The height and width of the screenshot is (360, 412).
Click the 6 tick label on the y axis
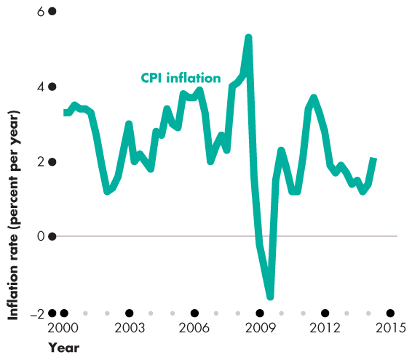coord(41,12)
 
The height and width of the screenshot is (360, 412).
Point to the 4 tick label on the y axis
coord(41,87)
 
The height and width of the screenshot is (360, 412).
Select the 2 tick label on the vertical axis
coord(41,161)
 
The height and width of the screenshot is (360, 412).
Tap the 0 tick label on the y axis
coord(41,236)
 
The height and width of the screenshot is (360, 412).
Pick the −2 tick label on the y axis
coord(37,313)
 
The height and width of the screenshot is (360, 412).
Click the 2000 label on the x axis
coord(63,328)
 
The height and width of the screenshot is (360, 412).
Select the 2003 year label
coord(129,328)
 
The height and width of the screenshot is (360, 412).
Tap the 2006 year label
coord(194,328)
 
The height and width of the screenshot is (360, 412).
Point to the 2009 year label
coord(260,328)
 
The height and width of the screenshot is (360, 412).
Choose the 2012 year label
coord(325,328)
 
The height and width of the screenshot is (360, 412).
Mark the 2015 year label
coord(391,328)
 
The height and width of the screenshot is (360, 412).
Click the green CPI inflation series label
coord(180,77)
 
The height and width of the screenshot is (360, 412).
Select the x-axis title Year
coord(64,348)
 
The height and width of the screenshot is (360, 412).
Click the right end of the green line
coord(374,159)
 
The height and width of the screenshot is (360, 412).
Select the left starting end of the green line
coord(65,113)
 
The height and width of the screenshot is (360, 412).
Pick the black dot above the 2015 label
coord(391,313)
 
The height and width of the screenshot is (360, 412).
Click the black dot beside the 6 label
coord(52,12)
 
